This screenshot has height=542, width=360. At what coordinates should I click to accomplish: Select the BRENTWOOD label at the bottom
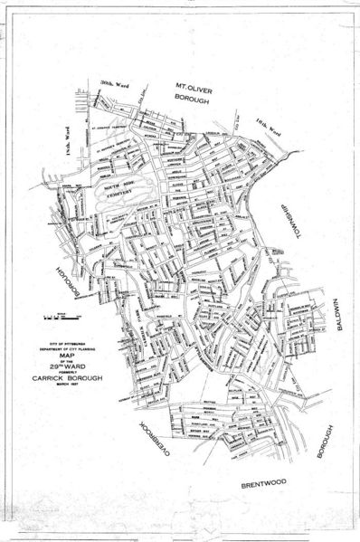coord(263,484)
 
